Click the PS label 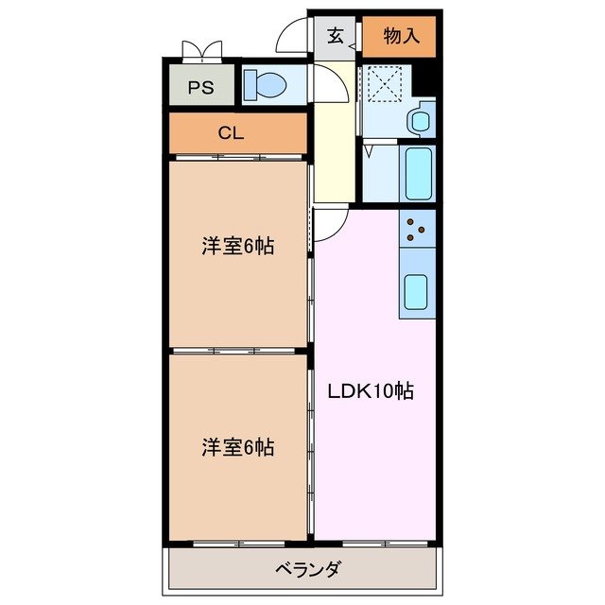pyautogui.click(x=199, y=88)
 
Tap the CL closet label pyautogui.click(x=231, y=133)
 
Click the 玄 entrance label pyautogui.click(x=336, y=37)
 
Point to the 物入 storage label pyautogui.click(x=401, y=37)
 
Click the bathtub pyautogui.click(x=418, y=171)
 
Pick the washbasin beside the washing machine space pyautogui.click(x=420, y=121)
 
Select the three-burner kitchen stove pyautogui.click(x=417, y=228)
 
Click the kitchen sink pyautogui.click(x=417, y=294)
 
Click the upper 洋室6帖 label pyautogui.click(x=237, y=247)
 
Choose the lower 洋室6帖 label pyautogui.click(x=237, y=447)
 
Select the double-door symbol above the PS pyautogui.click(x=201, y=49)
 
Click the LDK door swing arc pyautogui.click(x=328, y=222)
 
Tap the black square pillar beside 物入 pyautogui.click(x=427, y=77)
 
